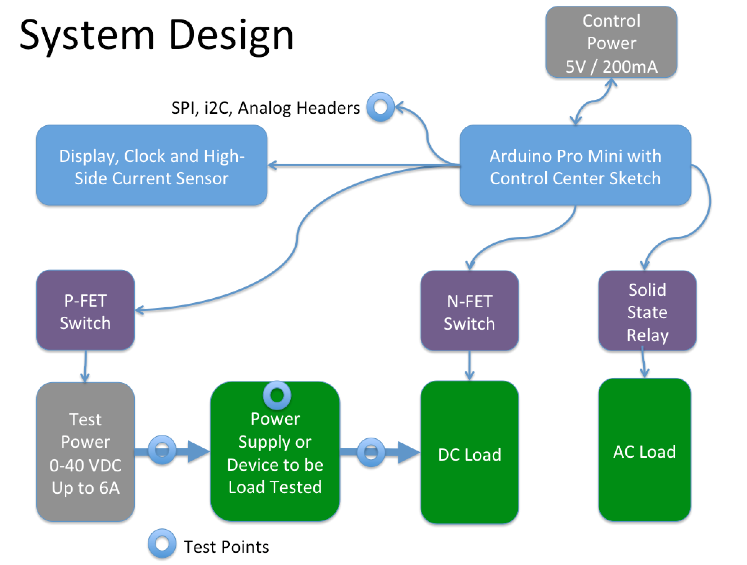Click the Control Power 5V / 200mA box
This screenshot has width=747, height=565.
coord(611,42)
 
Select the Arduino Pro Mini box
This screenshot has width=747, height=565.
coord(575,166)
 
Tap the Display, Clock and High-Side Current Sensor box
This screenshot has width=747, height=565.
coord(152,166)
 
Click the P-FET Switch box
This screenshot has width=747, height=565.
coord(85,311)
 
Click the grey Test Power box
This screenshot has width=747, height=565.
coord(85,452)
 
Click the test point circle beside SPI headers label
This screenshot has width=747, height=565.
coord(381,107)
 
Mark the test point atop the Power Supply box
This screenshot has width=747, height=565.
coord(277,395)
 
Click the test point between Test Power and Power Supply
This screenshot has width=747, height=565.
coord(162,450)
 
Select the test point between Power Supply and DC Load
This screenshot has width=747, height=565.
coord(371,452)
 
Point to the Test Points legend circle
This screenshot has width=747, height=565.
coord(162,543)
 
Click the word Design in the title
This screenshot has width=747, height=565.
coord(231,36)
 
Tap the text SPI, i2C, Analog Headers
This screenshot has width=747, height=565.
coord(265,108)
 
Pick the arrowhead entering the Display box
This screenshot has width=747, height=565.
coord(273,166)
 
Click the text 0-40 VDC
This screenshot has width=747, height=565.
coord(85,465)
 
